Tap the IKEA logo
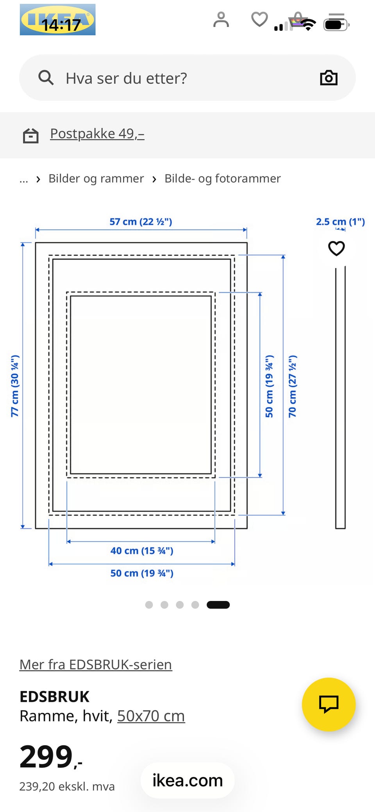(x=57, y=20)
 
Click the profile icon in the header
(x=221, y=20)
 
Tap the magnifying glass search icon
(x=46, y=77)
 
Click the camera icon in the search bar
(x=329, y=78)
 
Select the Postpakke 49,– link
(x=97, y=134)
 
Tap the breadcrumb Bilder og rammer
(x=96, y=179)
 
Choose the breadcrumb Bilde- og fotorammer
(x=223, y=179)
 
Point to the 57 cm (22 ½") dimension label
(x=141, y=222)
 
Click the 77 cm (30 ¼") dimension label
(x=14, y=386)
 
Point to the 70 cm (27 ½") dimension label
(x=292, y=386)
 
